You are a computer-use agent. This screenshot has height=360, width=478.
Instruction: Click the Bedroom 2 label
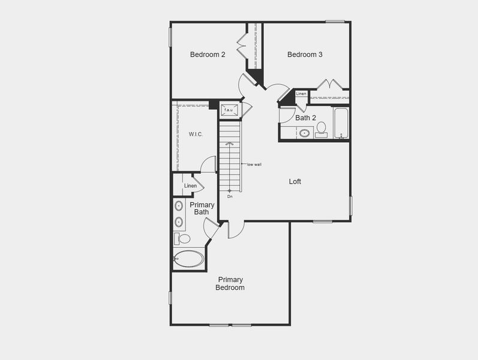208,55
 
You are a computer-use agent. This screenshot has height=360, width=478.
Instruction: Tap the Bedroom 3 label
305,55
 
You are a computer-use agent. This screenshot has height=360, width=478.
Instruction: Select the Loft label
295,182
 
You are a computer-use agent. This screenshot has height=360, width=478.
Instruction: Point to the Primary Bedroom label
230,283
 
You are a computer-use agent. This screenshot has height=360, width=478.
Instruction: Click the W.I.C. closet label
196,134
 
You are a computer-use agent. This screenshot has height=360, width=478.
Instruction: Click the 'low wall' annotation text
254,164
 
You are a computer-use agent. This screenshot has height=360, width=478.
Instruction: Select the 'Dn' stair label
230,197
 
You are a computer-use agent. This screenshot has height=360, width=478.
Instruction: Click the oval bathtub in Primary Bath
189,259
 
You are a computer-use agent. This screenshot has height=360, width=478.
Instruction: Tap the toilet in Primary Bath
182,239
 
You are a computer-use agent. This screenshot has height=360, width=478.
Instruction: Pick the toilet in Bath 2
321,130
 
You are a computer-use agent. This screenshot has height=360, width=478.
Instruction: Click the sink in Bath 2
304,133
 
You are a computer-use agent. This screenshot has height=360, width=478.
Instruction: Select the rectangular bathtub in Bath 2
341,123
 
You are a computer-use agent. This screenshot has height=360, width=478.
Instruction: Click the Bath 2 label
305,118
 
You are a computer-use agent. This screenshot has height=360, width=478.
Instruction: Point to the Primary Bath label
202,208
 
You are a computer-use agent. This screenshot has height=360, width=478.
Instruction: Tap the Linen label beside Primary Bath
190,186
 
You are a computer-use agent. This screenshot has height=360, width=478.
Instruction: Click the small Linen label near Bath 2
301,94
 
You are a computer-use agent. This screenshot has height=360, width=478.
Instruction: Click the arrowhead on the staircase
230,143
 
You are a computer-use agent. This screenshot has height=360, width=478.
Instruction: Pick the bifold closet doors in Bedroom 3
330,84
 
